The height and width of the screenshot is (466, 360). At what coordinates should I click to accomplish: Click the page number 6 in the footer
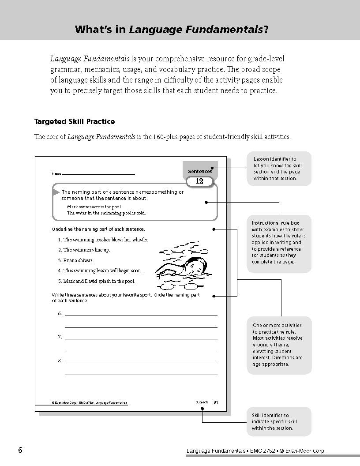pos(20,450)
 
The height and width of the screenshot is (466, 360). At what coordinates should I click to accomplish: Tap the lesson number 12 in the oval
pos(199,181)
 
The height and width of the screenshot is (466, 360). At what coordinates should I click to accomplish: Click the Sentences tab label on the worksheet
pos(199,171)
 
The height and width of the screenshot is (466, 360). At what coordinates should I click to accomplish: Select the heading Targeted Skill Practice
pos(75,121)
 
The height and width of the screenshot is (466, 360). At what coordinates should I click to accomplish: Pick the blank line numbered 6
pos(141,315)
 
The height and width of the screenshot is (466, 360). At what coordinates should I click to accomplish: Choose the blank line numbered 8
pos(141,362)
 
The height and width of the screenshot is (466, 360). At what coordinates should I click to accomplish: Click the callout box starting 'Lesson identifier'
pos(278,169)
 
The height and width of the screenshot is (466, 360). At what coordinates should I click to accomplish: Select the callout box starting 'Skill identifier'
pos(278,421)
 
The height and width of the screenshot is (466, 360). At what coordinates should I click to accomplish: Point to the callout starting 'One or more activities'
pos(278,345)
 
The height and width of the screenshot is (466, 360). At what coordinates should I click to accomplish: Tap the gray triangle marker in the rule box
pos(56,192)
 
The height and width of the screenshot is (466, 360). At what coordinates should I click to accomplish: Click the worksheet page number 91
pos(216,402)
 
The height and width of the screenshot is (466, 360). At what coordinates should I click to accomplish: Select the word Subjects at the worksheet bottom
pos(202,402)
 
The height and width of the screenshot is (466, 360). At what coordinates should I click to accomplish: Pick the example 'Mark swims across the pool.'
pos(94,207)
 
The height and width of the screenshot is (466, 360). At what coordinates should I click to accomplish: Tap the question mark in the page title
pos(266,30)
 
